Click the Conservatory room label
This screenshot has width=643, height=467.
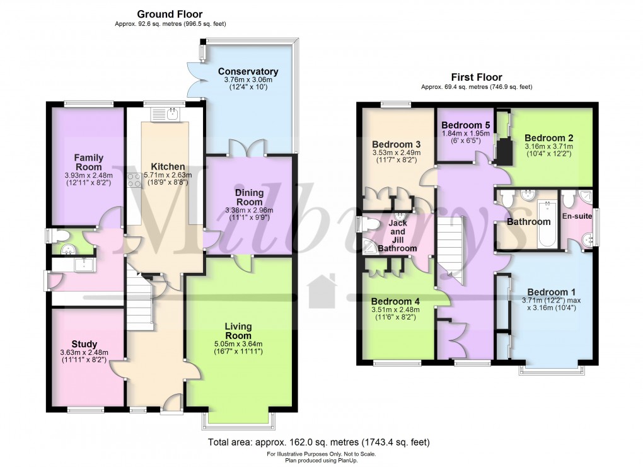click(248, 71)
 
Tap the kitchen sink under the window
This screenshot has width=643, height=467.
click(165, 115)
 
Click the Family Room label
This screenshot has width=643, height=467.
click(89, 163)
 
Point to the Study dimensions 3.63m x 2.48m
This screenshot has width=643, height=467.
click(84, 352)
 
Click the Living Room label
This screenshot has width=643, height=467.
click(238, 331)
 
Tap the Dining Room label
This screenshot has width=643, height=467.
click(250, 197)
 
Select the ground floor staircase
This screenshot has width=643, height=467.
click(139, 299)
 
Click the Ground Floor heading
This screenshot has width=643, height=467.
click(170, 14)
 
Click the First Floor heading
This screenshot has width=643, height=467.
click(477, 77)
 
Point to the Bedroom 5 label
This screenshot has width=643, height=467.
click(465, 125)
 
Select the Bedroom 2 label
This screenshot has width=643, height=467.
click(548, 138)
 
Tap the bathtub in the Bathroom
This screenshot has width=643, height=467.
click(547, 224)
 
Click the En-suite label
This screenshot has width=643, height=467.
click(577, 216)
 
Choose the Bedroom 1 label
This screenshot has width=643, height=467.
click(551, 292)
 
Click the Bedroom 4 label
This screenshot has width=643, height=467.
click(395, 301)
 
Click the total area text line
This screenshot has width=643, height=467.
click(318, 442)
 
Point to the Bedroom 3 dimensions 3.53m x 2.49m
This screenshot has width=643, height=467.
click(396, 153)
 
